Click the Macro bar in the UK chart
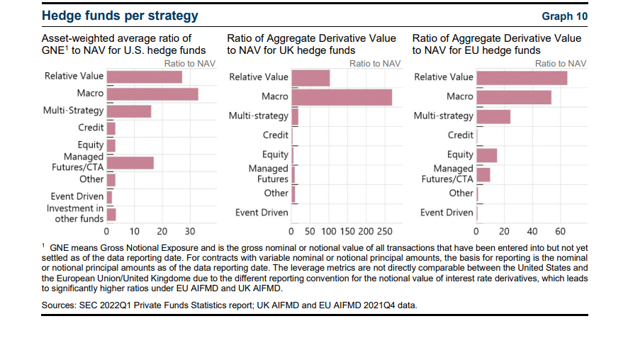point(342,97)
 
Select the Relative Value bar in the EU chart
point(522,77)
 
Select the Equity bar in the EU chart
point(487,155)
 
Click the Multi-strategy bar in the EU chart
point(493,116)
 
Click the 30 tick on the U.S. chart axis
point(189,231)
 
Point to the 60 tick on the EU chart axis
point(560,231)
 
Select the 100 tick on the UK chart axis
point(329,231)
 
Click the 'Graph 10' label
point(565,16)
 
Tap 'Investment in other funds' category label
point(75,213)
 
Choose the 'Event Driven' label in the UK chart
point(262,213)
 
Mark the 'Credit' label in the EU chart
point(460,135)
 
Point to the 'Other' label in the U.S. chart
point(91,179)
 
